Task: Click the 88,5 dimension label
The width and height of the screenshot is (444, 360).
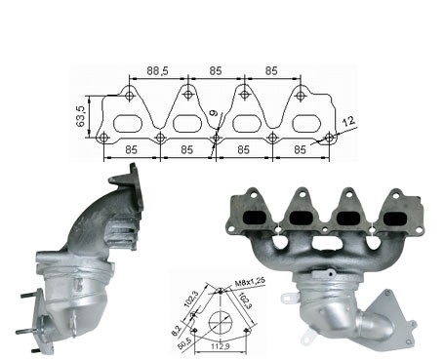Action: point(157,70)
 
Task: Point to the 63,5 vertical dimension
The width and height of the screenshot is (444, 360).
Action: point(81,116)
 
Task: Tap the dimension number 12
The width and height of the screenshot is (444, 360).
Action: point(348,122)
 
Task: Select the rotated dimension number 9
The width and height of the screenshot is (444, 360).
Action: point(214,113)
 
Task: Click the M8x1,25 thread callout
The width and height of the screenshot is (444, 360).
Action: point(250,282)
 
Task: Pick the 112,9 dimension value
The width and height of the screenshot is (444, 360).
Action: point(220,346)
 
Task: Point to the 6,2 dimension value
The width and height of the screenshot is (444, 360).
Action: point(176,331)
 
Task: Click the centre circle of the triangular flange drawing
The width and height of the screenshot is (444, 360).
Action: point(221,323)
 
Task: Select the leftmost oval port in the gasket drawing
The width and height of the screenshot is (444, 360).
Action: point(128,124)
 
